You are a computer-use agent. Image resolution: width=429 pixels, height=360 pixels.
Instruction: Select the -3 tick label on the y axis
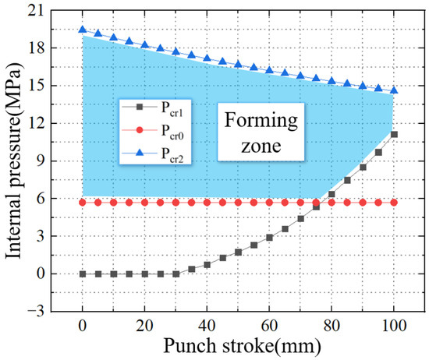pyautogui.click(x=33, y=312)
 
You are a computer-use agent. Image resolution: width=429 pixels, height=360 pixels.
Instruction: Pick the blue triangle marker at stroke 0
pyautogui.click(x=82, y=30)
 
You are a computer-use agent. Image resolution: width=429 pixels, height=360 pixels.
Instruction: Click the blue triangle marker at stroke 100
pyautogui.click(x=394, y=90)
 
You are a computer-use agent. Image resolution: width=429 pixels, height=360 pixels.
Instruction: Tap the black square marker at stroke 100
pyautogui.click(x=394, y=134)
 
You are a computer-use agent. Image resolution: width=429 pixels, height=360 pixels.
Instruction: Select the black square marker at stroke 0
pyautogui.click(x=82, y=274)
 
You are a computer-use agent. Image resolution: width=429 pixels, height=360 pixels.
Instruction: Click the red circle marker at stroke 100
pyautogui.click(x=394, y=203)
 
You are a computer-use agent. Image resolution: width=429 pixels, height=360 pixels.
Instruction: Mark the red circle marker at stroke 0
pyautogui.click(x=82, y=203)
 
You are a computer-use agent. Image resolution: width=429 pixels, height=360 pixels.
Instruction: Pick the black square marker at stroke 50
pyautogui.click(x=238, y=252)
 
